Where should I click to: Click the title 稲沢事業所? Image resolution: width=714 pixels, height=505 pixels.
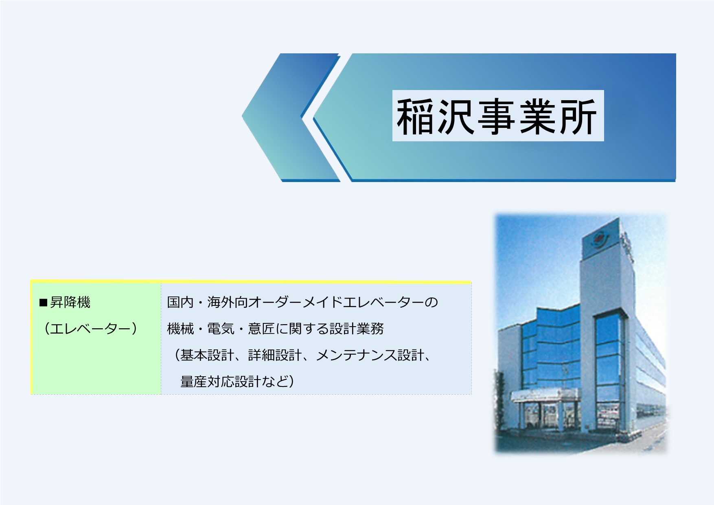tap(497, 116)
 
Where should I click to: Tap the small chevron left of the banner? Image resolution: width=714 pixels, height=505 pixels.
tap(291, 117)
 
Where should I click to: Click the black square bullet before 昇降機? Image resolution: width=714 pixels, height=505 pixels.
tap(43, 303)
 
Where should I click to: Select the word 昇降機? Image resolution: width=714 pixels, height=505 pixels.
tap(70, 302)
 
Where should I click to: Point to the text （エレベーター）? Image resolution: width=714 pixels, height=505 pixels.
tap(90, 329)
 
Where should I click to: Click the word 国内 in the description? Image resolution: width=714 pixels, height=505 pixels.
tap(180, 302)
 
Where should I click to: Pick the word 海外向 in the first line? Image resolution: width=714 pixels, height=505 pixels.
tap(228, 302)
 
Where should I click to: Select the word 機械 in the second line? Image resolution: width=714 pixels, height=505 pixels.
tap(180, 329)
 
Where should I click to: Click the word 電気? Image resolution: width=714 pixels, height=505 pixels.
tap(221, 329)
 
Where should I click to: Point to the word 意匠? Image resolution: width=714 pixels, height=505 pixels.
tap(261, 329)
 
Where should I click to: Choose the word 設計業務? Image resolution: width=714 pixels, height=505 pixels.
tap(357, 329)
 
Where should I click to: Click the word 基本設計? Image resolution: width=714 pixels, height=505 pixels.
tap(207, 355)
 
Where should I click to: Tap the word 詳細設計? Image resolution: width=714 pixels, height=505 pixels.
tap(275, 355)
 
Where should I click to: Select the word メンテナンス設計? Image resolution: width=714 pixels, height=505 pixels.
tap(370, 355)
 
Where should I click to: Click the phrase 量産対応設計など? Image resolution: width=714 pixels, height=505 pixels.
tap(234, 382)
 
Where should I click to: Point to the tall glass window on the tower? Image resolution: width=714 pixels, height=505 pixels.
tap(609, 371)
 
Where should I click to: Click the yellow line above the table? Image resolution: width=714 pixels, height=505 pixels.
tap(251, 282)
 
